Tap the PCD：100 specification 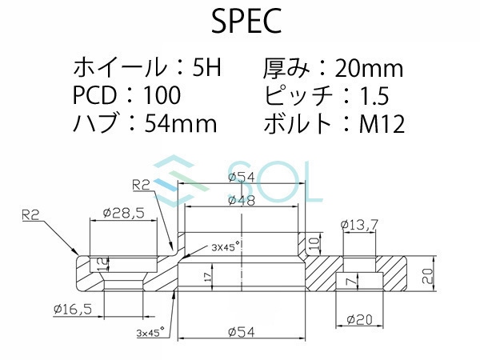point(126,96)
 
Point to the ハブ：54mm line point(145,123)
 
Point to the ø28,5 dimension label point(122,214)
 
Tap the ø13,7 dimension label point(358,226)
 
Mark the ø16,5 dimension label point(73,308)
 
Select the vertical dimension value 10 point(314,241)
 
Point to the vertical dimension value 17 point(208,276)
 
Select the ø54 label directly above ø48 point(241,177)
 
